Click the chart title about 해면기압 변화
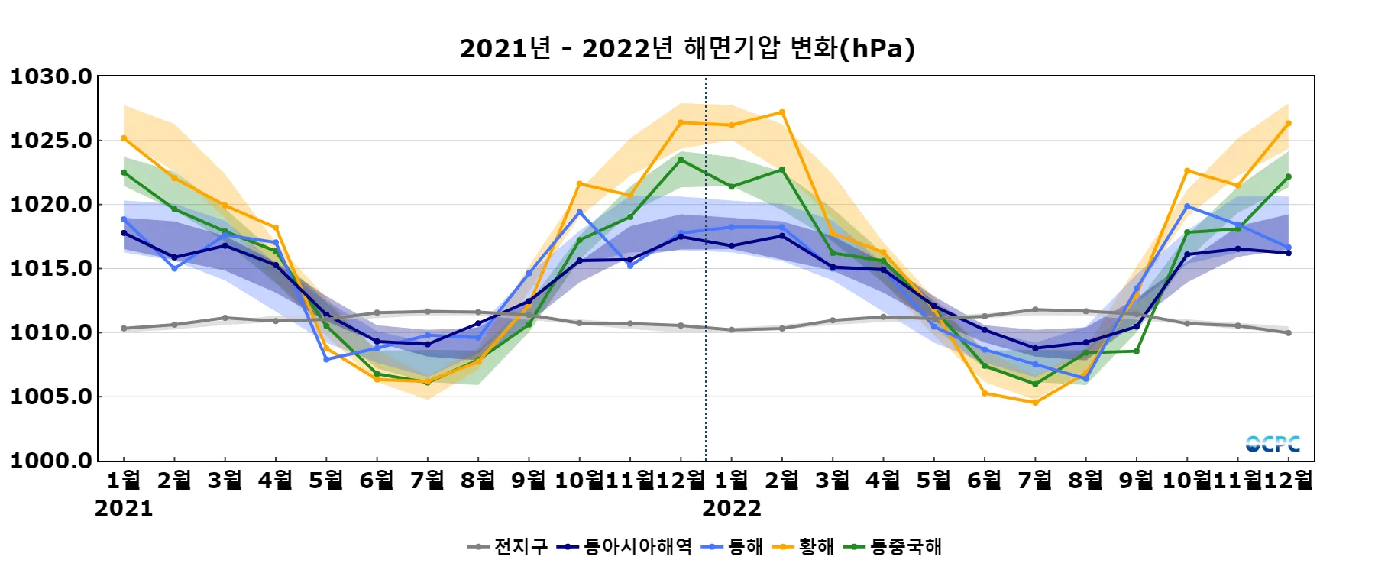coord(687,48)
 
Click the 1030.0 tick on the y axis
coord(50,76)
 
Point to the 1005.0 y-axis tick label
coord(50,397)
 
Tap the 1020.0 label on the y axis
coord(50,205)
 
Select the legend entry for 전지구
coord(509,547)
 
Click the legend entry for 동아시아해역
coord(626,547)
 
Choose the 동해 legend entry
coord(734,547)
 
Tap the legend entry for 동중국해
coord(894,547)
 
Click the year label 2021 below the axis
coord(124,509)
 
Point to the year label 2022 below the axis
coord(732,509)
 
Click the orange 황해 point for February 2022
coord(782,112)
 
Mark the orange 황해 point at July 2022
coord(1036,403)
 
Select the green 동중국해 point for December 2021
coord(681,160)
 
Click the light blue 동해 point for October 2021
coord(580,212)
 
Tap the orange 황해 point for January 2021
coord(124,138)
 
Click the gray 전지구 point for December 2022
coord(1289,333)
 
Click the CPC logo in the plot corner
coord(1273,444)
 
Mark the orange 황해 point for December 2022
coord(1289,123)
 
